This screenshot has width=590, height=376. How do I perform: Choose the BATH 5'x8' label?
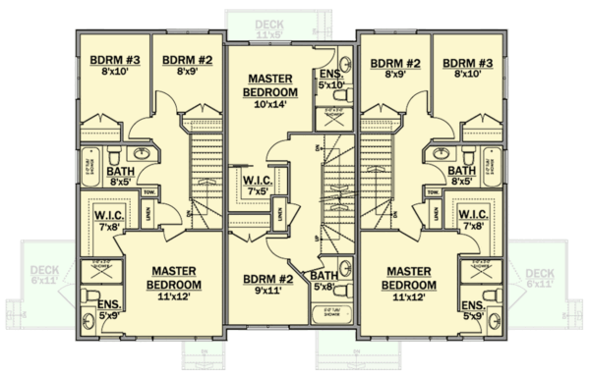(x=324, y=281)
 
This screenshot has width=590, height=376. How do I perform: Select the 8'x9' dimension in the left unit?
(x=181, y=72)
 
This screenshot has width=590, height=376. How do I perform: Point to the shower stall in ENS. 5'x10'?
(x=332, y=117)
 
